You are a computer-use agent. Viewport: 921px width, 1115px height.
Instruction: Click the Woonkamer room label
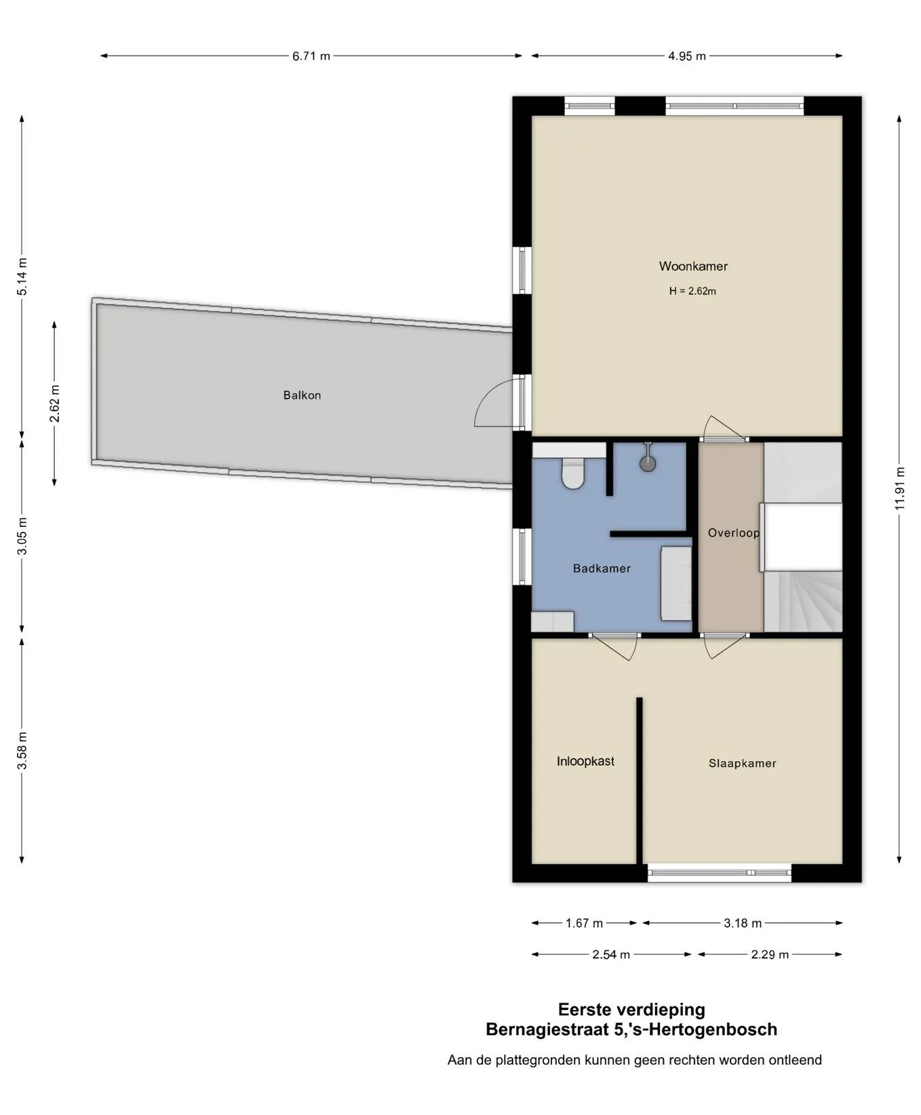click(693, 267)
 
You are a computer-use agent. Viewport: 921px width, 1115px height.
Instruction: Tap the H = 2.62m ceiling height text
click(692, 292)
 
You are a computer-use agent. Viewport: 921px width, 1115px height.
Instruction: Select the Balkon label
click(302, 395)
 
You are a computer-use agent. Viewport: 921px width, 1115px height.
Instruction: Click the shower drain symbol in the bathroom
click(648, 463)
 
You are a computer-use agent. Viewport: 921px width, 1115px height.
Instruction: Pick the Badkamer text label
click(602, 568)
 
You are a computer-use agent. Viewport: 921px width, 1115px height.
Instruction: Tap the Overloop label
click(734, 533)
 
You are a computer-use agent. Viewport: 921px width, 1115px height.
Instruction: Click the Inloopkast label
click(585, 762)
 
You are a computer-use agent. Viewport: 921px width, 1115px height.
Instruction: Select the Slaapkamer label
click(743, 764)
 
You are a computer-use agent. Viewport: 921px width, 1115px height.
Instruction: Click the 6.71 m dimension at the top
click(311, 56)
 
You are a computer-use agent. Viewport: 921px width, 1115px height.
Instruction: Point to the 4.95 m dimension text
click(687, 56)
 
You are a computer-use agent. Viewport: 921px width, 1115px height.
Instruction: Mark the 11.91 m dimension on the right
click(900, 488)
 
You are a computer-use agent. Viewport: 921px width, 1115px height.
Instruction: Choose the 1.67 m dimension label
click(584, 923)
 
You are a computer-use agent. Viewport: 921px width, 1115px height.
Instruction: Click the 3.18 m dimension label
click(743, 923)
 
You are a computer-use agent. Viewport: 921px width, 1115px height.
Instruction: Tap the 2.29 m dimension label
click(770, 955)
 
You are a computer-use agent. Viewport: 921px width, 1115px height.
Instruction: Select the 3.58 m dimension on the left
click(22, 751)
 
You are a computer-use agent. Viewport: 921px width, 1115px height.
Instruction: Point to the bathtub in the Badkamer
click(676, 583)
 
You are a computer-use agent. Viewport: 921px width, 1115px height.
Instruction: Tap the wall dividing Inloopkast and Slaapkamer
click(639, 780)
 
